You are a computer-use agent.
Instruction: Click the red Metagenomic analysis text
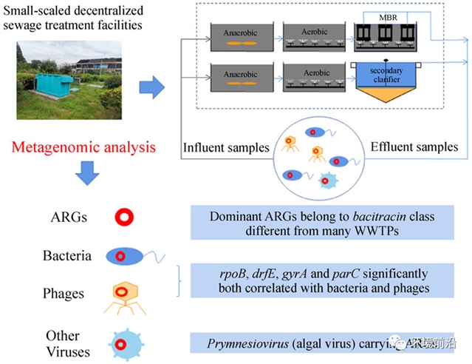[83, 147]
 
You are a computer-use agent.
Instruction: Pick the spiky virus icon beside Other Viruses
[122, 343]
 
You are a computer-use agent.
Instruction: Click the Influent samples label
[225, 147]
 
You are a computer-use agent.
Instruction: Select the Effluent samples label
[414, 147]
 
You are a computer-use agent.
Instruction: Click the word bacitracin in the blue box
[395, 217]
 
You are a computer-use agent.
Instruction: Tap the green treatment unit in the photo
[49, 88]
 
